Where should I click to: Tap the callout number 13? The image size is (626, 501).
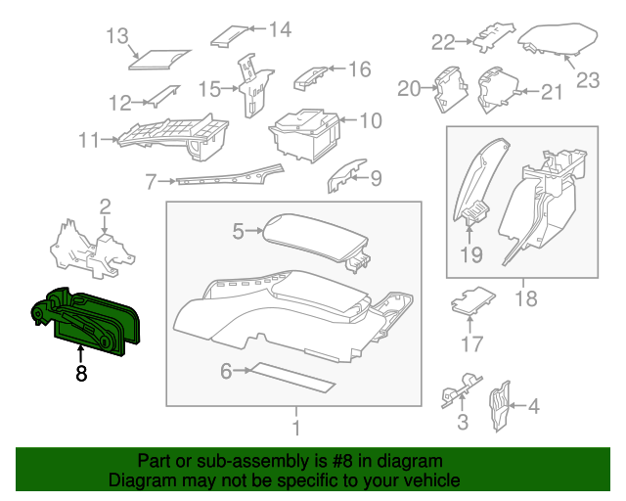pos(117,37)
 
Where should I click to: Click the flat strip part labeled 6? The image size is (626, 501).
pos(293,377)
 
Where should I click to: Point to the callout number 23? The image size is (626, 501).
pos(587,80)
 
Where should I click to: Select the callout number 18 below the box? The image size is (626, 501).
pos(526,297)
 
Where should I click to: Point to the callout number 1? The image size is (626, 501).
pos(294,428)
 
